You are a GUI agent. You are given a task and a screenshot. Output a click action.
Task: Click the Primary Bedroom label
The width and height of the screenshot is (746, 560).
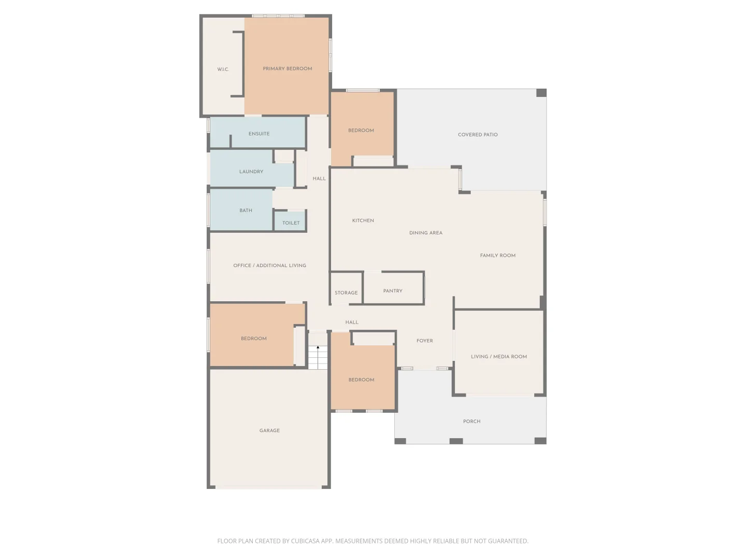[x=287, y=68]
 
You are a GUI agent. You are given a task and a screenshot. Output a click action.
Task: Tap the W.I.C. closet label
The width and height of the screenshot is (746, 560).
[x=223, y=69]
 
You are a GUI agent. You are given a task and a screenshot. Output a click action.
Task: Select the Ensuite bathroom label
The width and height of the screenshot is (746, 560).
[x=259, y=134]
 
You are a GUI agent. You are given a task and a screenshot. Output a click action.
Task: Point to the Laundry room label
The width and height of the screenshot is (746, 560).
[x=251, y=172]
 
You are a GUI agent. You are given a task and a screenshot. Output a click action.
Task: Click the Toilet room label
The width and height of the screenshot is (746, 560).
[x=291, y=223]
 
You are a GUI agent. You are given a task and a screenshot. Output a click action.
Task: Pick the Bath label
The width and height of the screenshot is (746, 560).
[x=246, y=211]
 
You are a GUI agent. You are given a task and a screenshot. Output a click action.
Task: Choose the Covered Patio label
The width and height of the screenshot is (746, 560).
[x=478, y=135]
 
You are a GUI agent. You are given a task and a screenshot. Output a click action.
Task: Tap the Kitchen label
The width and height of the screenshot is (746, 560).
[x=363, y=221]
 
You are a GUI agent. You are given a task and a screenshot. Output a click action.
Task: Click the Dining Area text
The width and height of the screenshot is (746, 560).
[x=425, y=233]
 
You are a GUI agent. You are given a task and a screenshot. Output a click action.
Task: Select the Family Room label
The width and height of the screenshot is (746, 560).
[x=497, y=256]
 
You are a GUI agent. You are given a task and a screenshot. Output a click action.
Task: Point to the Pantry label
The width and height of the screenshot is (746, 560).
[x=393, y=291]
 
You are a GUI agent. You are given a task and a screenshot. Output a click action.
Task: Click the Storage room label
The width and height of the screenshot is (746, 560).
[x=346, y=293]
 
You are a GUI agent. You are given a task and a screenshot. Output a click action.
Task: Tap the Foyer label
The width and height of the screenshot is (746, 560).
[x=424, y=341]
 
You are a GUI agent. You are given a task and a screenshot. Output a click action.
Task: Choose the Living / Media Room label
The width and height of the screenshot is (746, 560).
[x=498, y=357]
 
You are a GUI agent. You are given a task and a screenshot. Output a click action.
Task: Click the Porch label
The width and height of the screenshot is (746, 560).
[x=472, y=421]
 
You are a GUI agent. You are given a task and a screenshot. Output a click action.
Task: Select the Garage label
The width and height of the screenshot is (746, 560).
[x=269, y=430]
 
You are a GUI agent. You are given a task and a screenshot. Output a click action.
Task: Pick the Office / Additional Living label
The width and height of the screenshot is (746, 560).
[x=269, y=265]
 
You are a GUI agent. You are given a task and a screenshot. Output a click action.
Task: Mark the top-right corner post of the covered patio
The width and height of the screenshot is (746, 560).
[x=541, y=93]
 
